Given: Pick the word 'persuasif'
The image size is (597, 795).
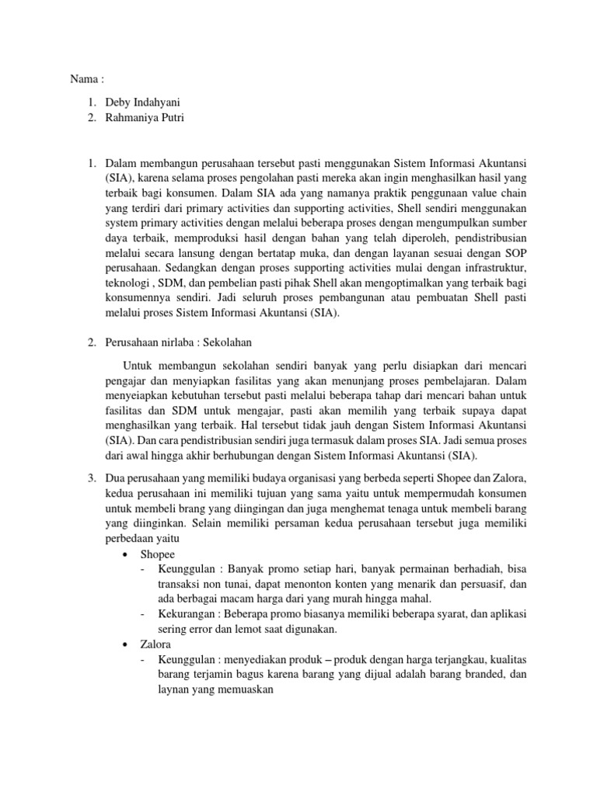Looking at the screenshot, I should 484,584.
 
